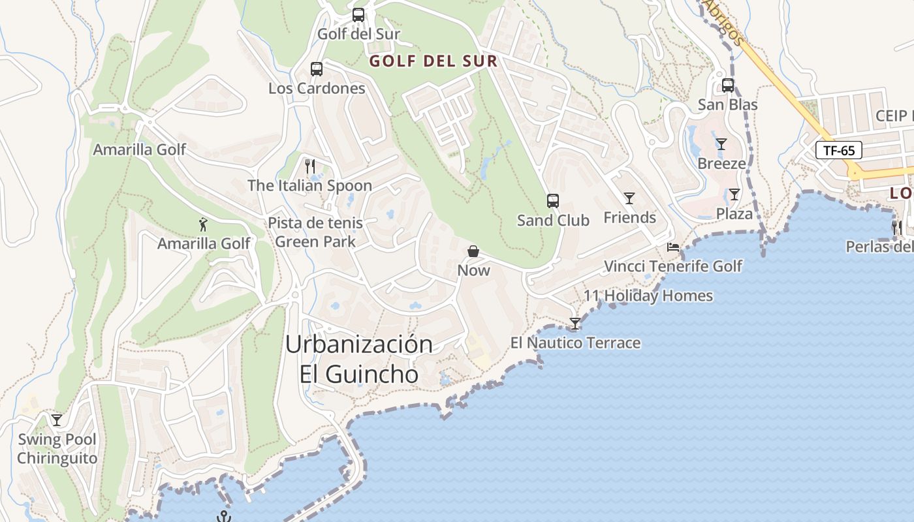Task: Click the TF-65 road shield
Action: [x=839, y=151]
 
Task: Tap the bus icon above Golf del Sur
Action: [x=358, y=15]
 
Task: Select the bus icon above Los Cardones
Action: [x=317, y=69]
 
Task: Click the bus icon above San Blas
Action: [x=728, y=85]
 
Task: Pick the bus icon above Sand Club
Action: [x=553, y=201]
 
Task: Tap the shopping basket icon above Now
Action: [x=473, y=251]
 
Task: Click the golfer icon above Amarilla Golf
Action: [x=204, y=224]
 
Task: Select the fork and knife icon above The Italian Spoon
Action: [x=310, y=166]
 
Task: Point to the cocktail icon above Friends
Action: [x=629, y=198]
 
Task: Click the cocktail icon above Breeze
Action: [x=721, y=144]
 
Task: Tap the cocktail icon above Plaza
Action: [x=734, y=194]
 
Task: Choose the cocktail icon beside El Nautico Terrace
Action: [x=575, y=324]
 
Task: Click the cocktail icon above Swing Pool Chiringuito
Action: [x=57, y=420]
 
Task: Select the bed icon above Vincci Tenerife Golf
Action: [x=673, y=247]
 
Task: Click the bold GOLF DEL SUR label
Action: [x=433, y=61]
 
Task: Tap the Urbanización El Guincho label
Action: [x=359, y=360]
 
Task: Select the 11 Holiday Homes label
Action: [x=648, y=296]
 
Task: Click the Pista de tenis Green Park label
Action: [x=315, y=232]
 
